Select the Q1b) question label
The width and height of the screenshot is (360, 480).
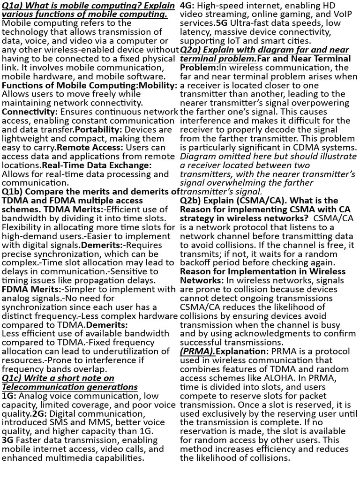tap(12, 191)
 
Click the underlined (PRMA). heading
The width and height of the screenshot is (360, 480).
tap(197, 352)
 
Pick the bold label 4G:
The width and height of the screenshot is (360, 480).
tap(187, 5)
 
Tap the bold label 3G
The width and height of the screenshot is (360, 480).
tap(8, 440)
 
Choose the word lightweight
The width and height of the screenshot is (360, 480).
tap(23, 138)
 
